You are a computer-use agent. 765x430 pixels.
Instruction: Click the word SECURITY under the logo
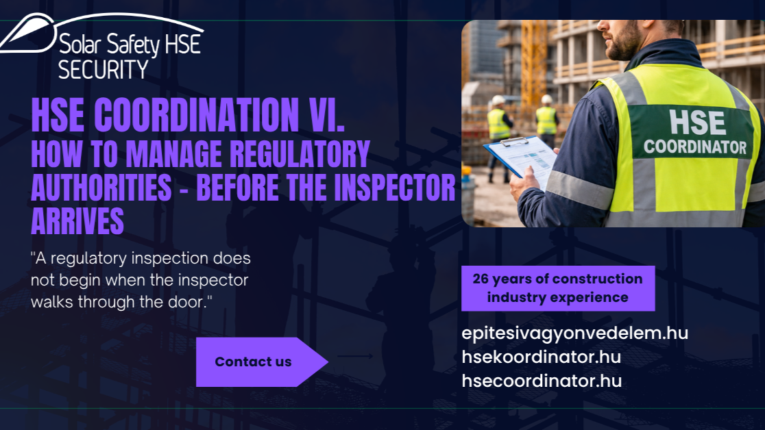tap(103, 69)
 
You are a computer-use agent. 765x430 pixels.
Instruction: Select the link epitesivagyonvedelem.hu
tap(574, 333)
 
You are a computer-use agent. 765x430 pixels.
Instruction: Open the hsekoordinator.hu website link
tap(541, 357)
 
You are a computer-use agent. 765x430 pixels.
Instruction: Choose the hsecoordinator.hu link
tap(542, 381)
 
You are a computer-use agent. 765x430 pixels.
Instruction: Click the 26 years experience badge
tap(558, 288)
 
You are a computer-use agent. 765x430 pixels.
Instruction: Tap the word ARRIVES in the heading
tap(77, 221)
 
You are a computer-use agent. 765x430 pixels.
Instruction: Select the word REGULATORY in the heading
tap(299, 155)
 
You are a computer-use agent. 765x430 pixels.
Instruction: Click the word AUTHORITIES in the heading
tap(101, 188)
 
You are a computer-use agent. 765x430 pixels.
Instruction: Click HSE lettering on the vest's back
tap(697, 122)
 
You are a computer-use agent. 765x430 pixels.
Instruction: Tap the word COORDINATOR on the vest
tap(695, 147)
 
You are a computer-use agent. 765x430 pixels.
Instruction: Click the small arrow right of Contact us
tap(355, 356)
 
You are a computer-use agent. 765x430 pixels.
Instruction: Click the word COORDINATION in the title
tap(196, 115)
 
